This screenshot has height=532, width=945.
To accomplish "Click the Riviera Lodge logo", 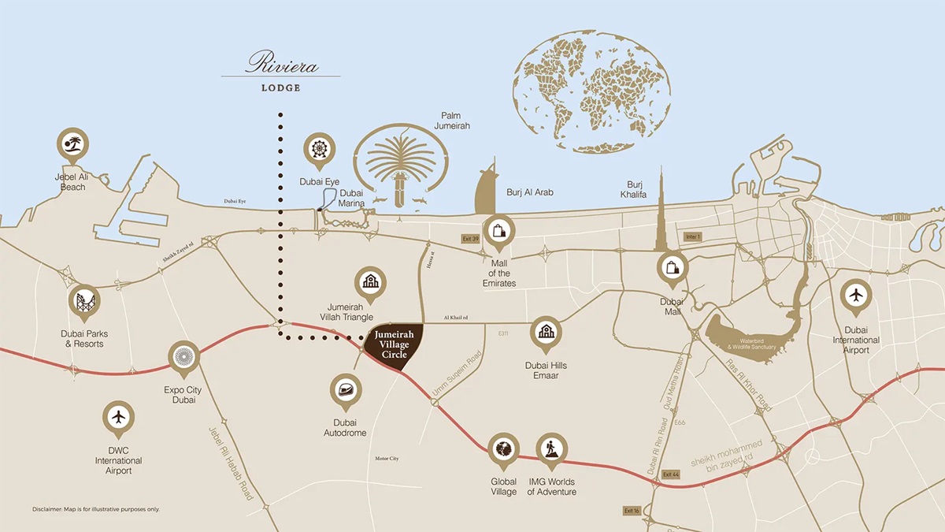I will click(x=281, y=69).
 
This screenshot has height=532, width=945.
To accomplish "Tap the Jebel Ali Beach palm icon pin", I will click(x=73, y=144).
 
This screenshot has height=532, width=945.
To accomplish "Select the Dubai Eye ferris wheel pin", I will click(x=319, y=149).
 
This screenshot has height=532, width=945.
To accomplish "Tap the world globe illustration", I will click(x=593, y=92).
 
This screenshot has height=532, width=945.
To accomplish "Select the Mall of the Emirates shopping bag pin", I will click(x=498, y=231).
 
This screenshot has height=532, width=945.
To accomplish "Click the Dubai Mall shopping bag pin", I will click(x=673, y=267).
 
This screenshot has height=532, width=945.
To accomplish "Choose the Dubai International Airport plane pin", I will click(x=856, y=296).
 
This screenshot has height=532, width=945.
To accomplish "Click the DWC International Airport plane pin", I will click(x=118, y=417).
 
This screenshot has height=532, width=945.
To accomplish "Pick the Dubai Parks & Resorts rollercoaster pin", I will click(x=84, y=299).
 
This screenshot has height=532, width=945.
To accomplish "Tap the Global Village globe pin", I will click(x=503, y=448).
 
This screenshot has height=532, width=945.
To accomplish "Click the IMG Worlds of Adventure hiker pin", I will click(x=551, y=448).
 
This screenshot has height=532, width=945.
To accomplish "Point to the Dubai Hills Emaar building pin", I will click(x=546, y=332).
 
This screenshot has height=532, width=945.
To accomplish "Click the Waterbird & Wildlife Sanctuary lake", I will click(x=740, y=335).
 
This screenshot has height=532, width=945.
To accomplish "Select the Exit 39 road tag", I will click(x=470, y=238).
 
